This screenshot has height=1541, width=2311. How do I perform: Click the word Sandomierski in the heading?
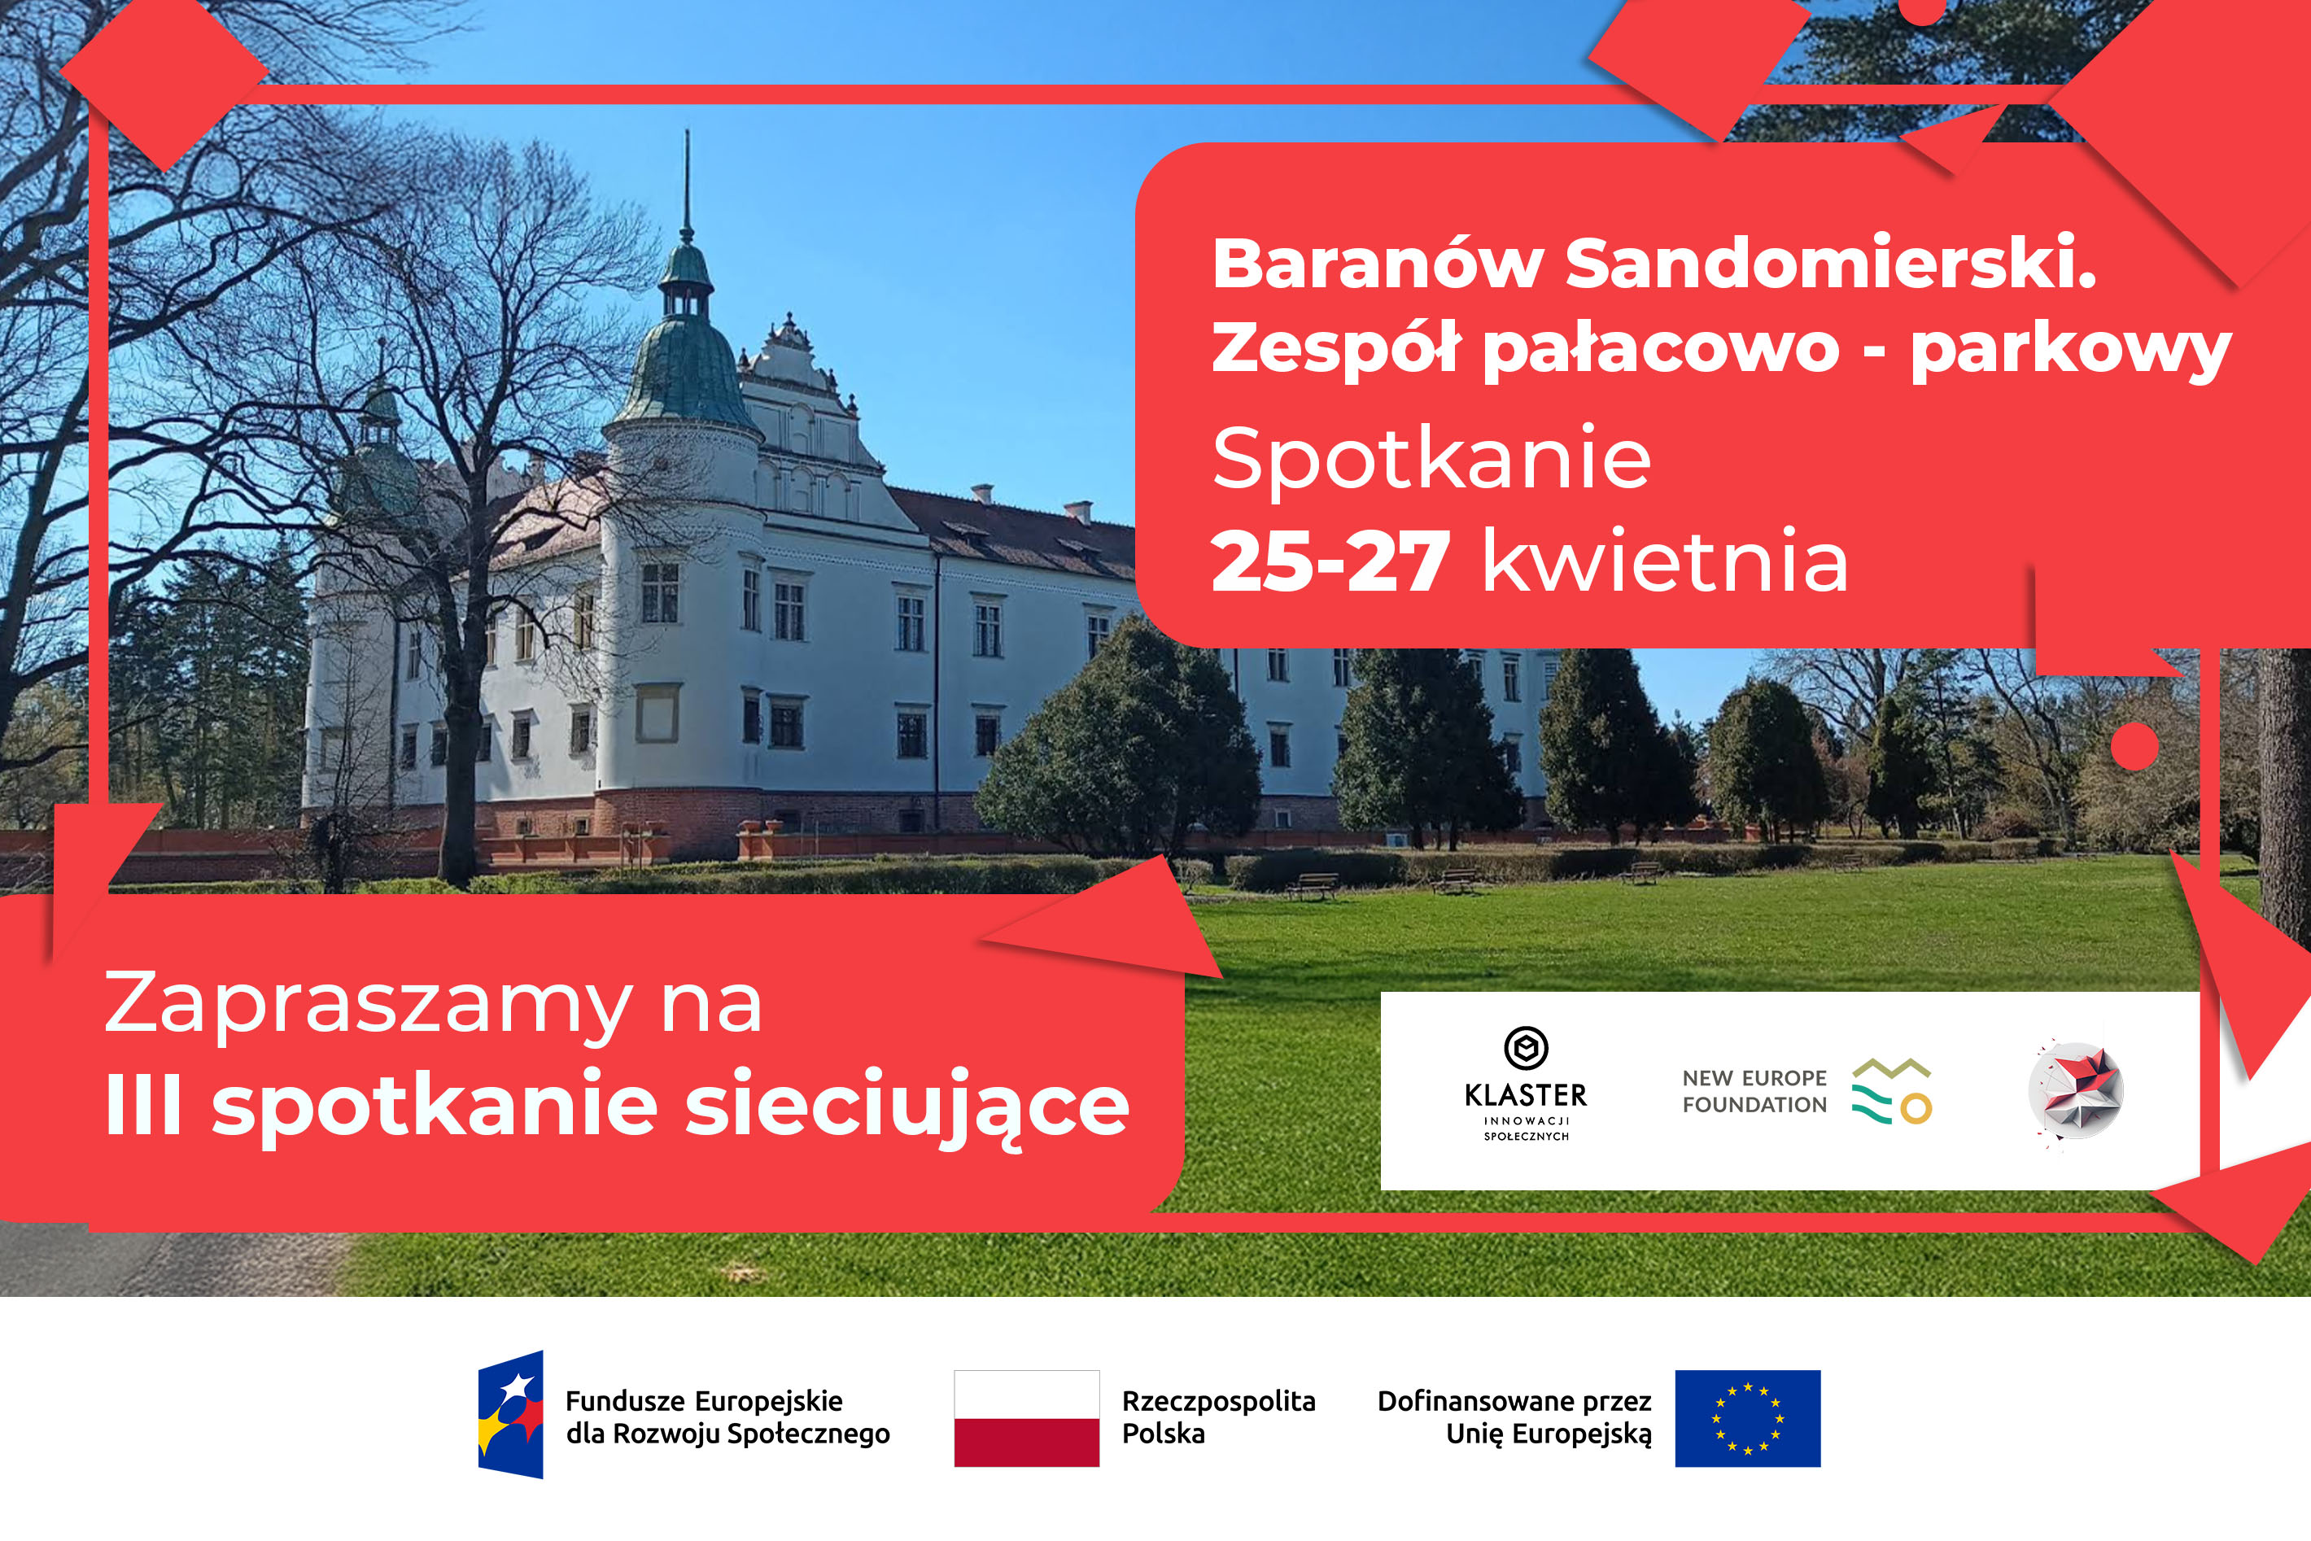tap(1830, 264)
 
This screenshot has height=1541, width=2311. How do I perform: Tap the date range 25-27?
tap(1330, 561)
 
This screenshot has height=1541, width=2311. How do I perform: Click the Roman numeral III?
tap(143, 1102)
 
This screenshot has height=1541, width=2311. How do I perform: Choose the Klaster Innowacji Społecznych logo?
tap(1526, 1084)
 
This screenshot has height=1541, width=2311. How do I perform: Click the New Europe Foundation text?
tap(1754, 1091)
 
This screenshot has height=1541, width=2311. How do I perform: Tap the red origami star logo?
tap(2076, 1092)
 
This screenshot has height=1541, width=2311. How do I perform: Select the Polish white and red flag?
tap(1026, 1418)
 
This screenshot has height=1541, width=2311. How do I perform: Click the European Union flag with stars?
tap(1748, 1418)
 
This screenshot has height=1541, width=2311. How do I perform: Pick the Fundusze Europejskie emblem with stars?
tap(511, 1414)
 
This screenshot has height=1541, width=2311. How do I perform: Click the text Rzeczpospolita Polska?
tap(1219, 1417)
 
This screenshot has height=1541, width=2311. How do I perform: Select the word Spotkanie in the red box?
tap(1431, 460)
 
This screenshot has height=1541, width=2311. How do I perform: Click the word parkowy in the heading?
tap(2071, 351)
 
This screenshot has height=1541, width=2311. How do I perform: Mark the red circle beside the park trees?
tap(2135, 746)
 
